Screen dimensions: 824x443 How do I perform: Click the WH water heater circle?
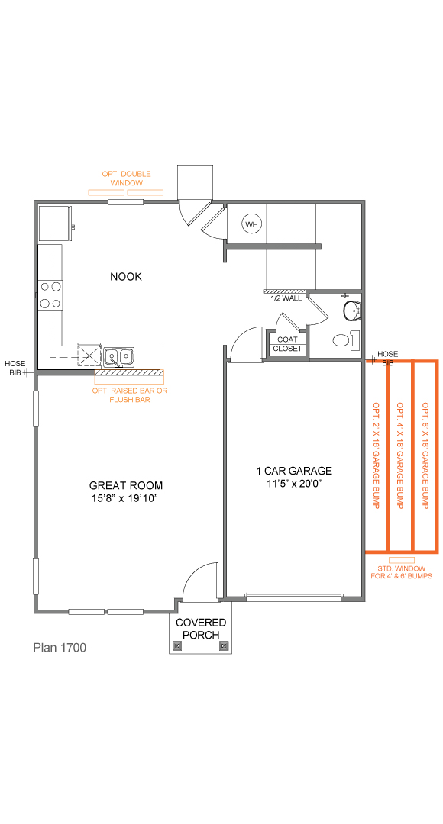point(251,224)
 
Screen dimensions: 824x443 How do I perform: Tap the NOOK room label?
point(126,277)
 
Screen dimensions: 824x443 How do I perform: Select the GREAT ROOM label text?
point(126,485)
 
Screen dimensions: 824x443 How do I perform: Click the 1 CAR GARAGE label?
point(294,471)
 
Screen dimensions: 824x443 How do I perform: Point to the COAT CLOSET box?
point(288,344)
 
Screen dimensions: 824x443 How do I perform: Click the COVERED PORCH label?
point(201,629)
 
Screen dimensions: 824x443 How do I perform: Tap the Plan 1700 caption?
point(60,648)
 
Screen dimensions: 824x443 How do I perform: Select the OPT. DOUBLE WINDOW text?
point(126,179)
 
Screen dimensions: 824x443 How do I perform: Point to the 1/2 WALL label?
point(286,298)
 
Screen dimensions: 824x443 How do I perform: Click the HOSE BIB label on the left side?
point(15,368)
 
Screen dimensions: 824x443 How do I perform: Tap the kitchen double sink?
point(119,356)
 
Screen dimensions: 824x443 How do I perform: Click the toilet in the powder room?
point(352,311)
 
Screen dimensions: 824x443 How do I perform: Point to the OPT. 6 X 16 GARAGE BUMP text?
point(425,455)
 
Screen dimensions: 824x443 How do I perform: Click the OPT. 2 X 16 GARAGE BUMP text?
point(376,455)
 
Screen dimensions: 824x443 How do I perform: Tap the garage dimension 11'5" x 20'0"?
point(294,484)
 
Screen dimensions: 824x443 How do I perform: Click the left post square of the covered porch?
point(178,646)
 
